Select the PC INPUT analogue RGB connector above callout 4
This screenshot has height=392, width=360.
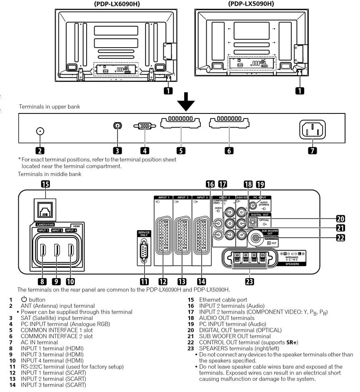point(145,126)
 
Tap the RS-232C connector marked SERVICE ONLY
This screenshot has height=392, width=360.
point(143,252)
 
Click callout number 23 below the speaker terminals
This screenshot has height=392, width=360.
point(249,281)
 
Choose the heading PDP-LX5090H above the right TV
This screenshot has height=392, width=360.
point(251,4)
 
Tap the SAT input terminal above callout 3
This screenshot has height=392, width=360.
point(117,126)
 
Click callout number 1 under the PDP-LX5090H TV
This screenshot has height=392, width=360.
point(299,90)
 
